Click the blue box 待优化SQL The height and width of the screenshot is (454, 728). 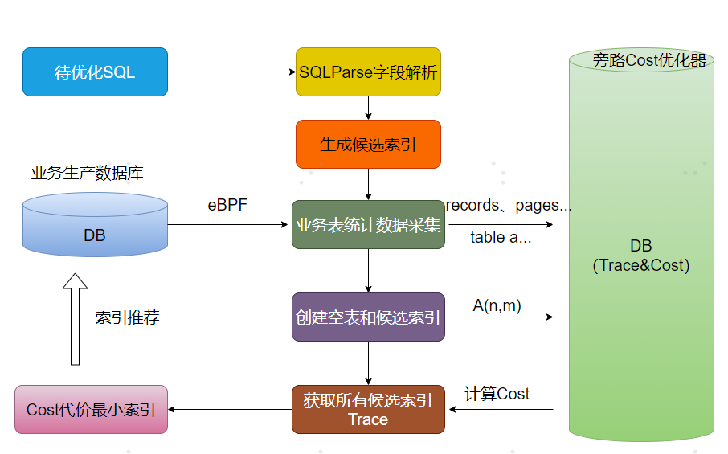[x=95, y=72]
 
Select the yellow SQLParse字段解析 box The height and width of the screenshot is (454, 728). [x=368, y=72]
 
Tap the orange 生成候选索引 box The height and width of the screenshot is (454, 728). [x=368, y=145]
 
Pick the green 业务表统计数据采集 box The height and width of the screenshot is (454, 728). [x=368, y=225]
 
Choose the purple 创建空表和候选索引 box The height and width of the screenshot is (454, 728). [x=368, y=317]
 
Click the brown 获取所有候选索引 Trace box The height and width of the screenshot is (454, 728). [x=368, y=410]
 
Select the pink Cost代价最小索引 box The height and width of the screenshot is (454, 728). [x=91, y=410]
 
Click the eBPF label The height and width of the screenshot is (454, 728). [x=227, y=206]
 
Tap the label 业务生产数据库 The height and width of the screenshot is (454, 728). [x=88, y=173]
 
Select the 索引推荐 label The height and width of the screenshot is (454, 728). [x=127, y=317]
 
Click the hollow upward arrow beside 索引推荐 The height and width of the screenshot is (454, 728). [x=75, y=318]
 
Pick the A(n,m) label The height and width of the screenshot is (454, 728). [x=497, y=305]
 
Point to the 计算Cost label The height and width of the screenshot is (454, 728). [x=497, y=394]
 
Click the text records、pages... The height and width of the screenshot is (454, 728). [x=509, y=206]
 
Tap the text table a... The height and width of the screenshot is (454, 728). [x=499, y=237]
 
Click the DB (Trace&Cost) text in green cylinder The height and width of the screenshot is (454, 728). [x=640, y=256]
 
